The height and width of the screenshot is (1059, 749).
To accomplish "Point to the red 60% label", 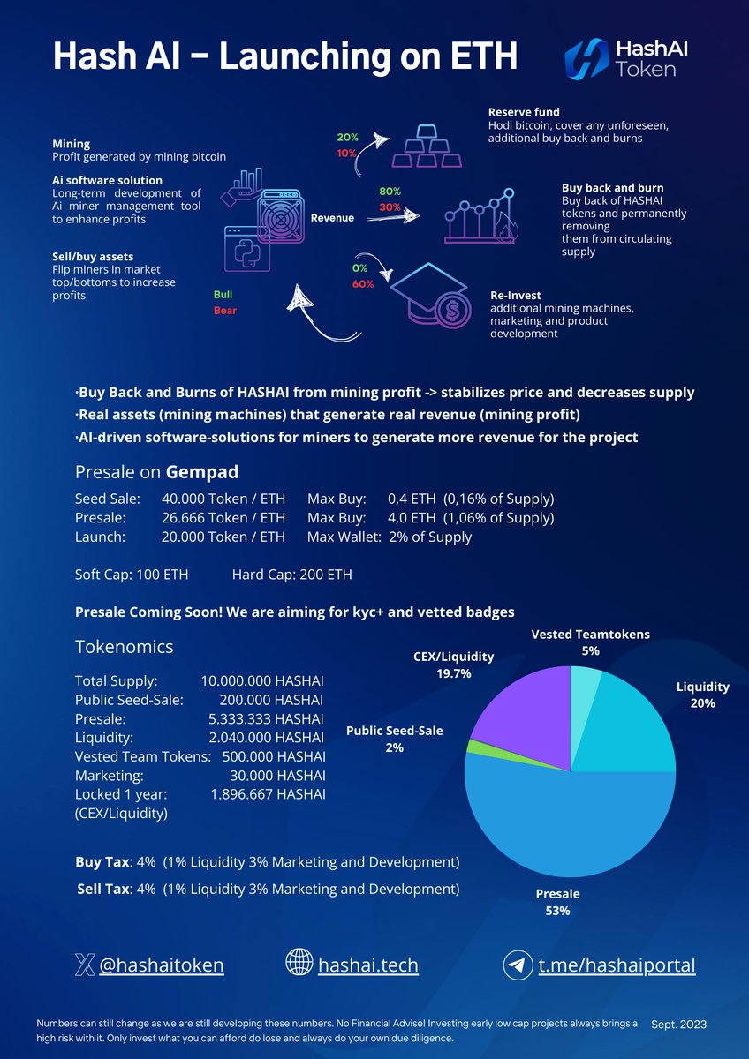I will pyautogui.click(x=363, y=284).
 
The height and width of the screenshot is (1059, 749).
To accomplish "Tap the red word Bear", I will pyautogui.click(x=225, y=311).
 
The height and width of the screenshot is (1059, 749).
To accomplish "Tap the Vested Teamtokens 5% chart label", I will pyautogui.click(x=590, y=642).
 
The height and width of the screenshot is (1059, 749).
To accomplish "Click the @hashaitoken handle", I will pyautogui.click(x=161, y=965).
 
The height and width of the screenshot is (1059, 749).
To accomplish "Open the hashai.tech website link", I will pyautogui.click(x=367, y=965).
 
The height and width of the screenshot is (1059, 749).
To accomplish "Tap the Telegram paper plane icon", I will pyautogui.click(x=518, y=965).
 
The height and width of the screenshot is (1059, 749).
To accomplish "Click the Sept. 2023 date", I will pyautogui.click(x=678, y=1024).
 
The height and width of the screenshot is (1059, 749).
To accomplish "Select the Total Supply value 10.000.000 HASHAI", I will pyautogui.click(x=263, y=681).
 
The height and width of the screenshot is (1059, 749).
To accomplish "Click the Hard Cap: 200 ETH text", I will pyautogui.click(x=291, y=575).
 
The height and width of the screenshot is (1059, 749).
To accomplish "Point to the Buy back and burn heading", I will pyautogui.click(x=612, y=188).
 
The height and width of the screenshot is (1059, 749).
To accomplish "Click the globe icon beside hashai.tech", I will pyautogui.click(x=299, y=964).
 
